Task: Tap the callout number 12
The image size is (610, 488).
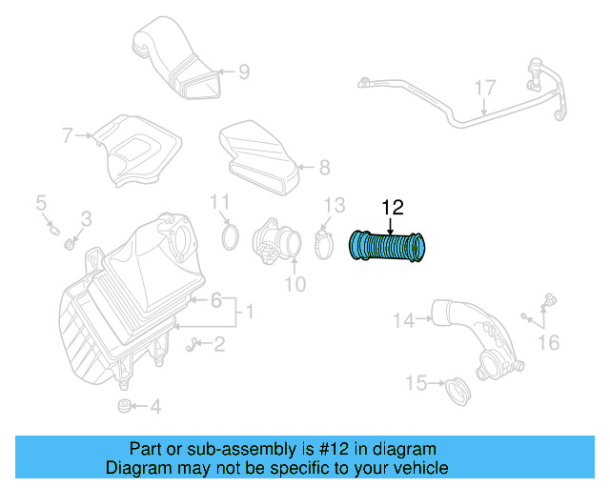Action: click(393, 207)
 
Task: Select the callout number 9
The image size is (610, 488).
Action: click(243, 71)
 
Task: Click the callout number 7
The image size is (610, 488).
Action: click(68, 136)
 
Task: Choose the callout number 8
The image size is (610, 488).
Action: click(324, 169)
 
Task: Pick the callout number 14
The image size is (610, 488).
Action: click(403, 321)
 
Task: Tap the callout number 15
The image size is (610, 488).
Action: click(416, 383)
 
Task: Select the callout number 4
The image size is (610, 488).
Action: click(155, 408)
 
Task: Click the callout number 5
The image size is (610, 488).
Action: click(41, 202)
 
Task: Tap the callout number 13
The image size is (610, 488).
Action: click(334, 206)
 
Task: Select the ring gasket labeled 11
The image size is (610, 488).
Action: click(230, 236)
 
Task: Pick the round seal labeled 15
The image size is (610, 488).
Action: click(458, 391)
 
